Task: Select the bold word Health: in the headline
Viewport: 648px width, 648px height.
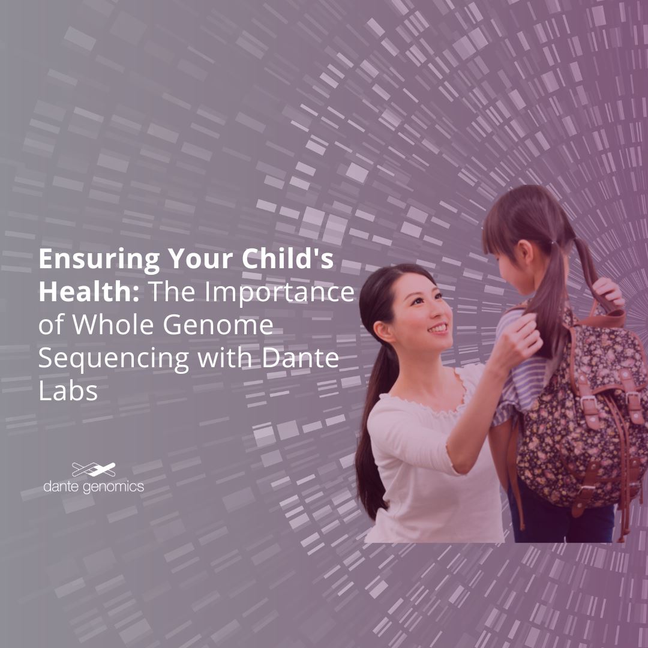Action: coord(89,292)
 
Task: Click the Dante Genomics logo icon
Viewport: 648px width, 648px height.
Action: coord(94,469)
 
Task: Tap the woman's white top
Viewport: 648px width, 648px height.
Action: coord(420,462)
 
